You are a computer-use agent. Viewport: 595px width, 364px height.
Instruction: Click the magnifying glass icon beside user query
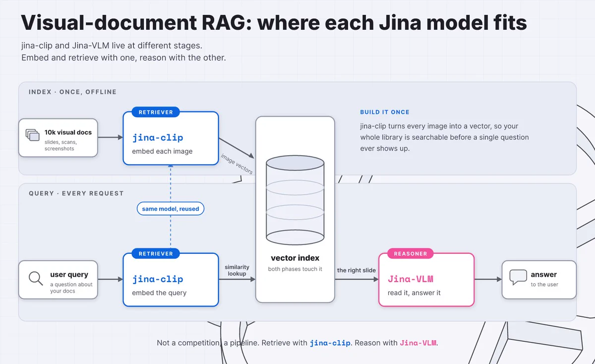tap(36, 278)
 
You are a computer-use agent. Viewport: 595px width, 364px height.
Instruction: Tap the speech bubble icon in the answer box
tap(518, 277)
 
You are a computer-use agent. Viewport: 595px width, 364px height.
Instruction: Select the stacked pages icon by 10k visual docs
tap(32, 135)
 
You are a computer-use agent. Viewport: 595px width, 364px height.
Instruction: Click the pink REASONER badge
tap(411, 254)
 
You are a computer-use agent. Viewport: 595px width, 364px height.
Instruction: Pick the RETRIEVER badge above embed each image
tap(156, 112)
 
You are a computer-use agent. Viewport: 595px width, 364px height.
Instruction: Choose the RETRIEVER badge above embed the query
tap(156, 254)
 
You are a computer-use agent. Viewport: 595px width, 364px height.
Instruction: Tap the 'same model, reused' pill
tap(171, 209)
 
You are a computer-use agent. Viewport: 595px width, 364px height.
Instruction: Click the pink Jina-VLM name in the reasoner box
tap(411, 279)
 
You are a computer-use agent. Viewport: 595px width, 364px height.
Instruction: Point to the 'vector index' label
tap(295, 258)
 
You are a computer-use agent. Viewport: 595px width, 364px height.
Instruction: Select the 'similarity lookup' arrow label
tap(237, 270)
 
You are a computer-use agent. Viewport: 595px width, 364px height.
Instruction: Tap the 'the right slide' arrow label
tap(356, 270)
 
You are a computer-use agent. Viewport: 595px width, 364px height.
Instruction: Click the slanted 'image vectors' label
tap(237, 164)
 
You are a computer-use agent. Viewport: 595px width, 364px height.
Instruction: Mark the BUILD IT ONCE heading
tap(385, 112)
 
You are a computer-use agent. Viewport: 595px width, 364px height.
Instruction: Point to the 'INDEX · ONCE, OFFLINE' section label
tap(72, 92)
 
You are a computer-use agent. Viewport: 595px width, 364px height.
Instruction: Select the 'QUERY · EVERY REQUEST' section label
tap(76, 193)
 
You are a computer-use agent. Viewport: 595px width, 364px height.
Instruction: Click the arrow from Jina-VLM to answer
tap(488, 279)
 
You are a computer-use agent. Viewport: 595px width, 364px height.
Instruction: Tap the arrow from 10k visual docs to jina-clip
tap(110, 137)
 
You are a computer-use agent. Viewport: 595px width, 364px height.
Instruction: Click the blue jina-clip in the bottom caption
tap(330, 343)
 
